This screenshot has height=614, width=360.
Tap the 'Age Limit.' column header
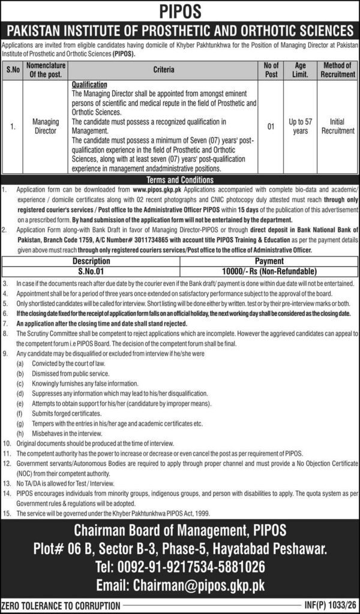point(301,70)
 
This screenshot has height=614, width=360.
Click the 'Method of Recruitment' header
point(337,70)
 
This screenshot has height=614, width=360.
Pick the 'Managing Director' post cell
point(46,125)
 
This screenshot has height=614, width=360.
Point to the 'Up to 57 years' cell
point(301,126)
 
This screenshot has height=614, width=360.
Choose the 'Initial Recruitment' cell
point(337,126)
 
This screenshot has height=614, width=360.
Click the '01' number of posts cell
point(271,126)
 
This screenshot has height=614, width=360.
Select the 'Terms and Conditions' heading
point(179,180)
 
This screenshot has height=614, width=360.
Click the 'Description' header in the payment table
point(92,261)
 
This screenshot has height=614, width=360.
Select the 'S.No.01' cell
point(92,269)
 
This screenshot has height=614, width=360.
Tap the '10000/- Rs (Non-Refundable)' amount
point(269,269)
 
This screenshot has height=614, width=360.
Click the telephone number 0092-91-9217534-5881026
point(179,567)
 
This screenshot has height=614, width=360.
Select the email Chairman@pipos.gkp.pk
point(179,585)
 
